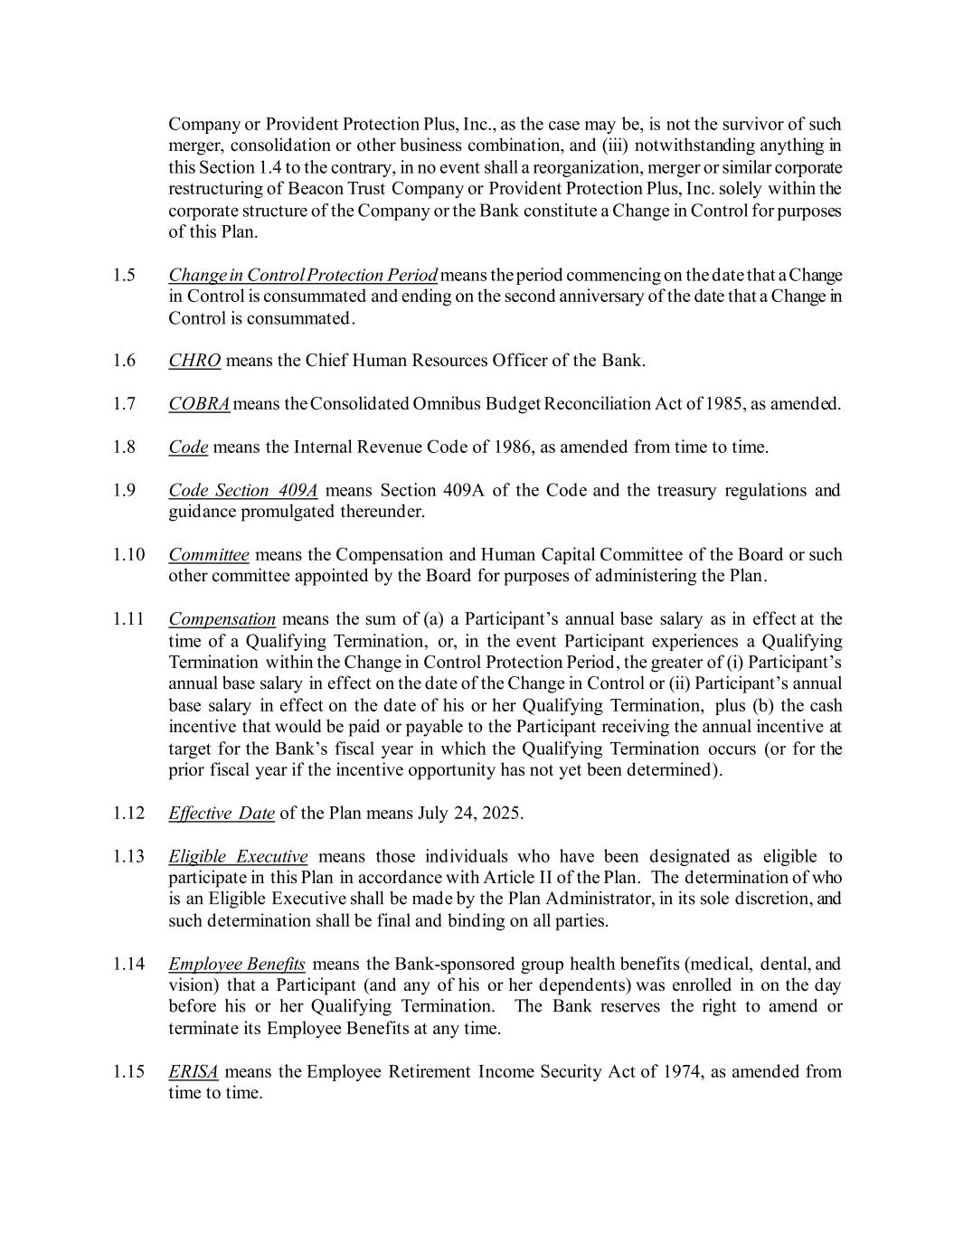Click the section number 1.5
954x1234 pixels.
[x=125, y=275]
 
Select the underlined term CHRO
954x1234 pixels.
[x=194, y=361]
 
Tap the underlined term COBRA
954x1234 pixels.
[x=199, y=404]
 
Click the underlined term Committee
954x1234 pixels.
[x=209, y=555]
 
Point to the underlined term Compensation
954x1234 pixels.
[x=222, y=619]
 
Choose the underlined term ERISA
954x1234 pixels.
[x=194, y=1072]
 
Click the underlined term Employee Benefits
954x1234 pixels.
[x=237, y=965]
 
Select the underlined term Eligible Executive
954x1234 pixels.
[x=238, y=856]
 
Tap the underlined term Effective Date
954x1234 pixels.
[x=222, y=813]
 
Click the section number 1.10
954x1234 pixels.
[x=128, y=555]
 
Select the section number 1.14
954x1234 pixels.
[x=128, y=965]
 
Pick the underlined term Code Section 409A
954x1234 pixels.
[x=243, y=491]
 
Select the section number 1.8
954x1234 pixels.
[x=125, y=447]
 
